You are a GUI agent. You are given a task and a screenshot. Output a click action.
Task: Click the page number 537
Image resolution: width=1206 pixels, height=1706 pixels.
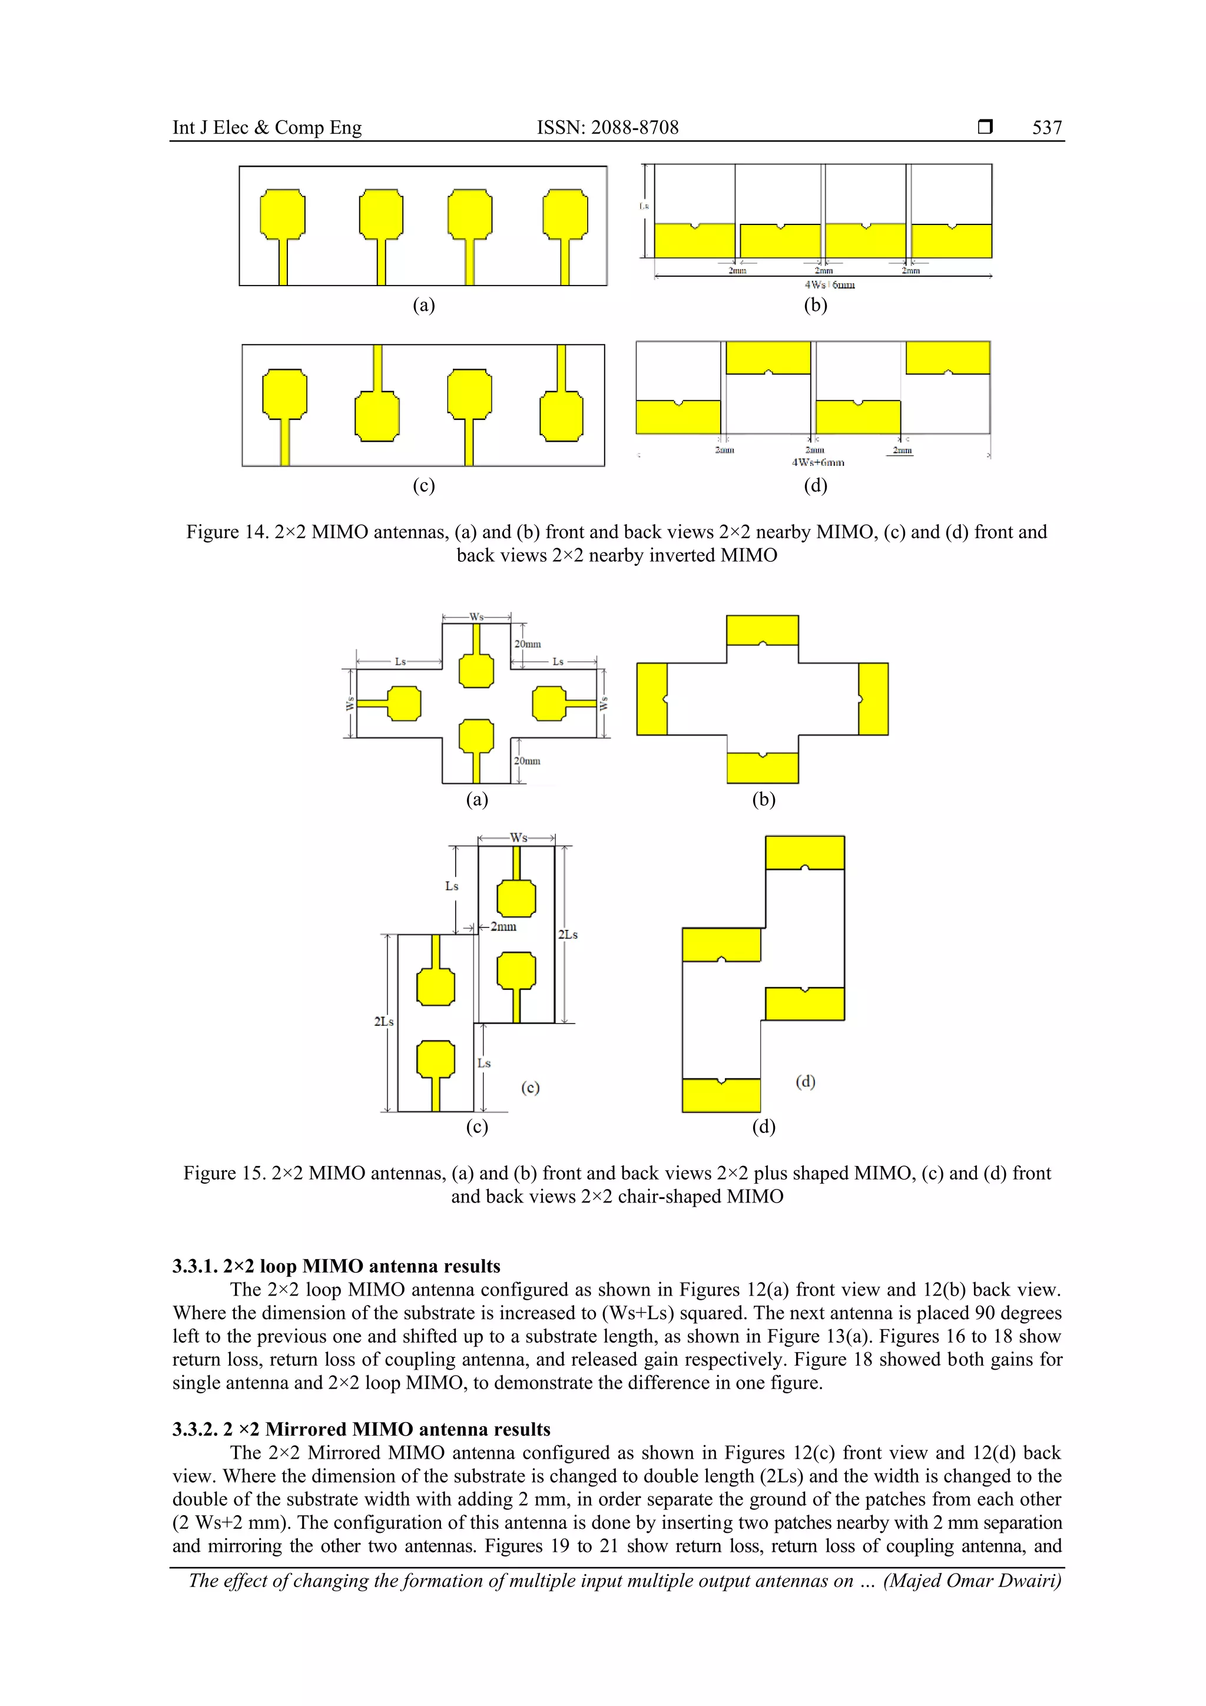point(1046,128)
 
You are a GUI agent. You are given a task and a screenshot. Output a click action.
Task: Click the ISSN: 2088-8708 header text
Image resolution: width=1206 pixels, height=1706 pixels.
point(607,128)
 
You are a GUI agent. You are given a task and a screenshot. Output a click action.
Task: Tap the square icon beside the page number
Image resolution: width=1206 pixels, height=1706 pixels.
point(985,127)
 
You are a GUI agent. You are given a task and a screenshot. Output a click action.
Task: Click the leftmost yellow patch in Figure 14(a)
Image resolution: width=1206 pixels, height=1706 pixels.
point(283,214)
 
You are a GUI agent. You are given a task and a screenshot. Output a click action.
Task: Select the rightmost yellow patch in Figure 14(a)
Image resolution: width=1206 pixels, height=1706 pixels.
point(565,214)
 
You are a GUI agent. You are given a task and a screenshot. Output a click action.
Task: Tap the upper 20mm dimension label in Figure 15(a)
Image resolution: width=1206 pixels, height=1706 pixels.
point(528,644)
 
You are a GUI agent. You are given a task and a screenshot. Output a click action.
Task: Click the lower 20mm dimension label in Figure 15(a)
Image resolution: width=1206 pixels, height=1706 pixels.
point(527,761)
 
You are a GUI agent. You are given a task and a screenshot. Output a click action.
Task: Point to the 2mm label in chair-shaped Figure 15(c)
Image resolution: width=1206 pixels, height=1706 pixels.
point(503,926)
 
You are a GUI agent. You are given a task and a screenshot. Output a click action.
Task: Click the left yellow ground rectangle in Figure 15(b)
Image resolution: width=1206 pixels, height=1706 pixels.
point(652,699)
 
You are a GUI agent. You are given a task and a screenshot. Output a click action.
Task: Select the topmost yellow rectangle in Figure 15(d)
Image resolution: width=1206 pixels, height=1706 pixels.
point(805,852)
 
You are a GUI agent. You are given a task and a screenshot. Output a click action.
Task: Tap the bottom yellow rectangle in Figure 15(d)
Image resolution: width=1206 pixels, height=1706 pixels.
point(721,1095)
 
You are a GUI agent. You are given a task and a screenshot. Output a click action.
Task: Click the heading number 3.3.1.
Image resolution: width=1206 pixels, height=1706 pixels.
point(195,1266)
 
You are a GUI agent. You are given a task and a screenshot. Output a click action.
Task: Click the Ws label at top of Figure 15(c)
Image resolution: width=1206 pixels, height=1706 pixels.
point(518,837)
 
